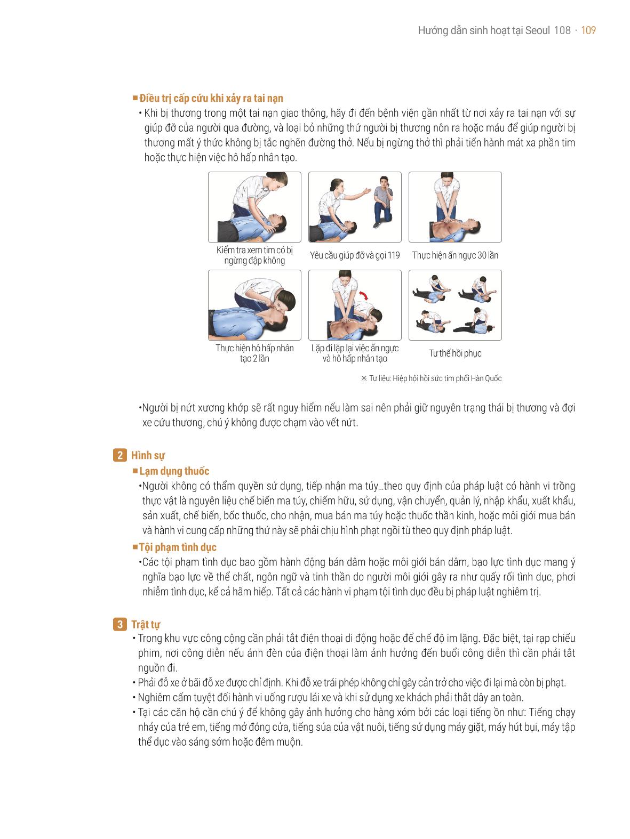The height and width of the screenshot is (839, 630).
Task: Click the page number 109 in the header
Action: [588, 30]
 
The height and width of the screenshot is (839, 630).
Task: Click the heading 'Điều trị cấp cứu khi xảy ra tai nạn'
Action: [211, 98]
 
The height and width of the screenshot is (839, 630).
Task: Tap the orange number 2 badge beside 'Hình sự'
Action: [119, 455]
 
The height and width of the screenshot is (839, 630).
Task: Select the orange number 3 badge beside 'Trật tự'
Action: [119, 624]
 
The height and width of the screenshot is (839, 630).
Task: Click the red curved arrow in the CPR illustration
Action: [364, 295]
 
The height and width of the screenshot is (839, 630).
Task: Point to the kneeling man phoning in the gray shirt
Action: [383, 202]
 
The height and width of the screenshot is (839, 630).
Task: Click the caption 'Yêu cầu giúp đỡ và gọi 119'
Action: [355, 255]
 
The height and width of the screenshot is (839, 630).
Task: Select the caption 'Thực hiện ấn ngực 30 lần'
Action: [455, 255]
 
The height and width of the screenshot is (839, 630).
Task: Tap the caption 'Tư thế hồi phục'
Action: [455, 353]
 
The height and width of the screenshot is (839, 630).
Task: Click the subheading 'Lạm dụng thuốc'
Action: [174, 471]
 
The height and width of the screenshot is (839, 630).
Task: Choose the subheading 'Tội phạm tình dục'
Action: [178, 547]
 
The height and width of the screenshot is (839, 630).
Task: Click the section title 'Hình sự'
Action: [148, 455]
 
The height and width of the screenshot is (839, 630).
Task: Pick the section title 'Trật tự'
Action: [145, 625]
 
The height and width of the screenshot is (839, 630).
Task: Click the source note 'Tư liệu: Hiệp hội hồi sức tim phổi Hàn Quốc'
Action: [431, 378]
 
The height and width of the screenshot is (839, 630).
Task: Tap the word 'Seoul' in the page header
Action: [537, 30]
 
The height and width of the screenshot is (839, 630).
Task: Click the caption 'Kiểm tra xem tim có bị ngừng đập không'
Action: [254, 255]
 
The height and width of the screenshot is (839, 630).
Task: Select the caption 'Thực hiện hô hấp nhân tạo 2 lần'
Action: [254, 353]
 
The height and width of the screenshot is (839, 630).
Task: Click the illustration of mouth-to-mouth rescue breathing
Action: [254, 305]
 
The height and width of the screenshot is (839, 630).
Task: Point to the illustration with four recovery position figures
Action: [455, 305]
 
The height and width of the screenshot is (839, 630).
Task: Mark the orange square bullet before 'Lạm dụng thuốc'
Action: [135, 471]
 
